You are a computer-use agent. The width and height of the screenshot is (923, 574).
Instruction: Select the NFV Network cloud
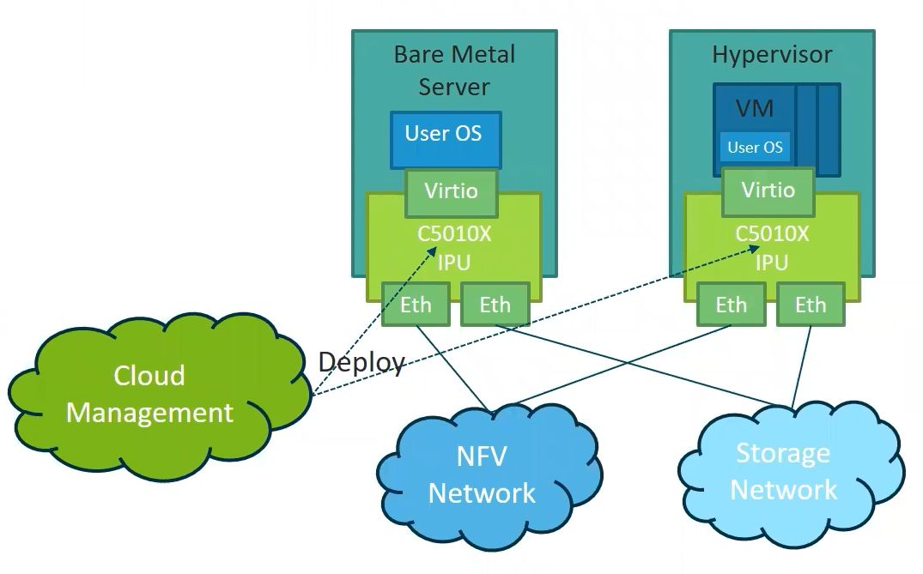point(482,474)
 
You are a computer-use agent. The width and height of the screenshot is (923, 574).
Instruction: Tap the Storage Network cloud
point(783,471)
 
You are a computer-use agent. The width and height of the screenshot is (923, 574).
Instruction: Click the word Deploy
point(361,362)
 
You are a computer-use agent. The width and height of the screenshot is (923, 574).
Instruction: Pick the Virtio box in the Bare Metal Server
point(452,190)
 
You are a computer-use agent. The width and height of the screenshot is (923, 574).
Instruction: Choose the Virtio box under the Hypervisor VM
point(768,190)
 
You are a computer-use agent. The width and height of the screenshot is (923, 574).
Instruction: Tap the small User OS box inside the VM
point(755,148)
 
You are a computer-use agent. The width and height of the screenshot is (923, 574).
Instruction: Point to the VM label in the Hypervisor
point(755,109)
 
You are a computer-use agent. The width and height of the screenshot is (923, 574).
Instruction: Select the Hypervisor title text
point(772,55)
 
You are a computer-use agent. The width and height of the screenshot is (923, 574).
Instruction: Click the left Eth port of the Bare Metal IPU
point(416,305)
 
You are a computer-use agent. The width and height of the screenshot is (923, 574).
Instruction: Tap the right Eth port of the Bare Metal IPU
point(495,305)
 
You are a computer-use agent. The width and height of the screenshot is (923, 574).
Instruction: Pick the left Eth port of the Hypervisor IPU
point(732,305)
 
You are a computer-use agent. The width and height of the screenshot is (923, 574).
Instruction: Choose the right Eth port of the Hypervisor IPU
point(810,305)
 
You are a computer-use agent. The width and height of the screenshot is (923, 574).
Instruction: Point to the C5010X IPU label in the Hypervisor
point(772,248)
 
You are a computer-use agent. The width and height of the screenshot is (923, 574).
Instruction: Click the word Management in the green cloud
point(150,413)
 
